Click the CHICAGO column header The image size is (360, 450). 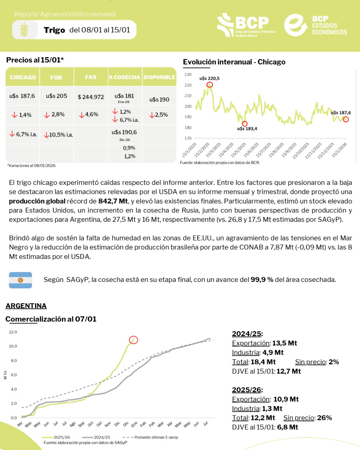pos(23,77)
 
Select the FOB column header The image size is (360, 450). pos(56,77)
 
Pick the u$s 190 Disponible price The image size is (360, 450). pos(159,99)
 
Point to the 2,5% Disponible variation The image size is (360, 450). pos(159,114)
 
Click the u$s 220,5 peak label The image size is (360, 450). pos(209,78)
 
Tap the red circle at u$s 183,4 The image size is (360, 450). pos(245,124)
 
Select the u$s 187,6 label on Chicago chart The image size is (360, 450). pos(341,112)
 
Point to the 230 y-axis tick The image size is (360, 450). pos(187,75)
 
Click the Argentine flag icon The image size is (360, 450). pos(20,280)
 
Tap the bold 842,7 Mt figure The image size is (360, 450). pos(113,201)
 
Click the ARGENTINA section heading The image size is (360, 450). pos(26,306)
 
